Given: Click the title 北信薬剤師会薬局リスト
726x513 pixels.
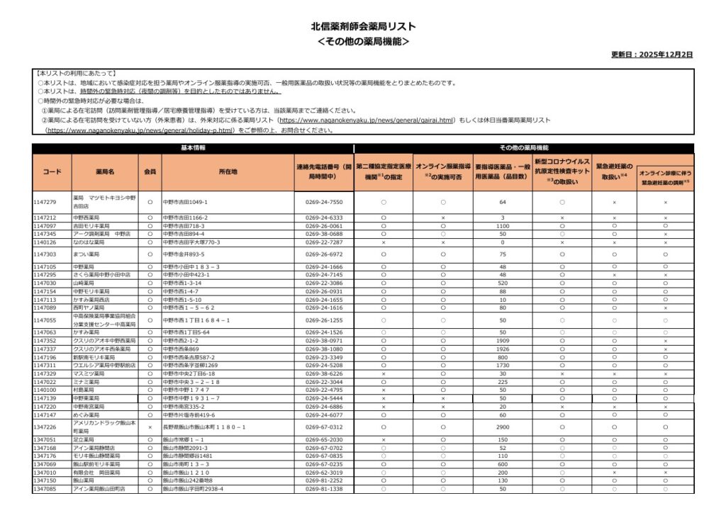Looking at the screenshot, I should coord(363,26).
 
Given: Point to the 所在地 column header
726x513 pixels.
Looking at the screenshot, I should coord(228,171).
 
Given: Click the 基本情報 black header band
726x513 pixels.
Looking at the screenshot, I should coord(193,148).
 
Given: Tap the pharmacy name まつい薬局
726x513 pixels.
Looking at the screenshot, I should coord(87,254).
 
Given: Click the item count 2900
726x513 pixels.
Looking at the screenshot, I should coord(503,427).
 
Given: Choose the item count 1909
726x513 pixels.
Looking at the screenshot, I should coord(503,341).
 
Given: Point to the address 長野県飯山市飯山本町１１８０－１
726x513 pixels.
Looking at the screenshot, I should coord(205,427).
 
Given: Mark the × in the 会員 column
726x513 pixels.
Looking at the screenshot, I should coord(150,427).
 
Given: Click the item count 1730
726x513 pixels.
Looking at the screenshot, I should coord(503,366).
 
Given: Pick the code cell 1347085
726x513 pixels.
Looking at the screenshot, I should coord(45,489).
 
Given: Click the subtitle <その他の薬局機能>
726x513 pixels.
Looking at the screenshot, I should coord(363,41).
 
